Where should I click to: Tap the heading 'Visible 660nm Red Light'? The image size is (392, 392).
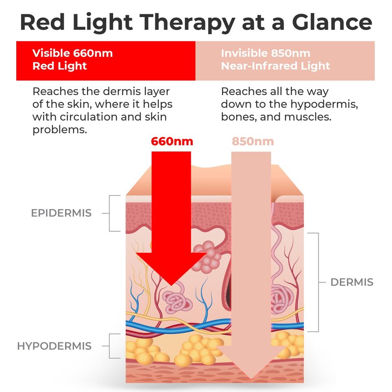point(73,59)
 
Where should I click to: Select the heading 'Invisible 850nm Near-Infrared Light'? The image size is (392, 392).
point(275,59)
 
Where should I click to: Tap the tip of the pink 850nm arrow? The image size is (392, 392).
point(252,378)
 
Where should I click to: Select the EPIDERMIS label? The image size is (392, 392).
point(62,213)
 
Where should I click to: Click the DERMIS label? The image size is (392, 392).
point(352,282)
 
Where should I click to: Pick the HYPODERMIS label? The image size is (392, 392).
point(54,346)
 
